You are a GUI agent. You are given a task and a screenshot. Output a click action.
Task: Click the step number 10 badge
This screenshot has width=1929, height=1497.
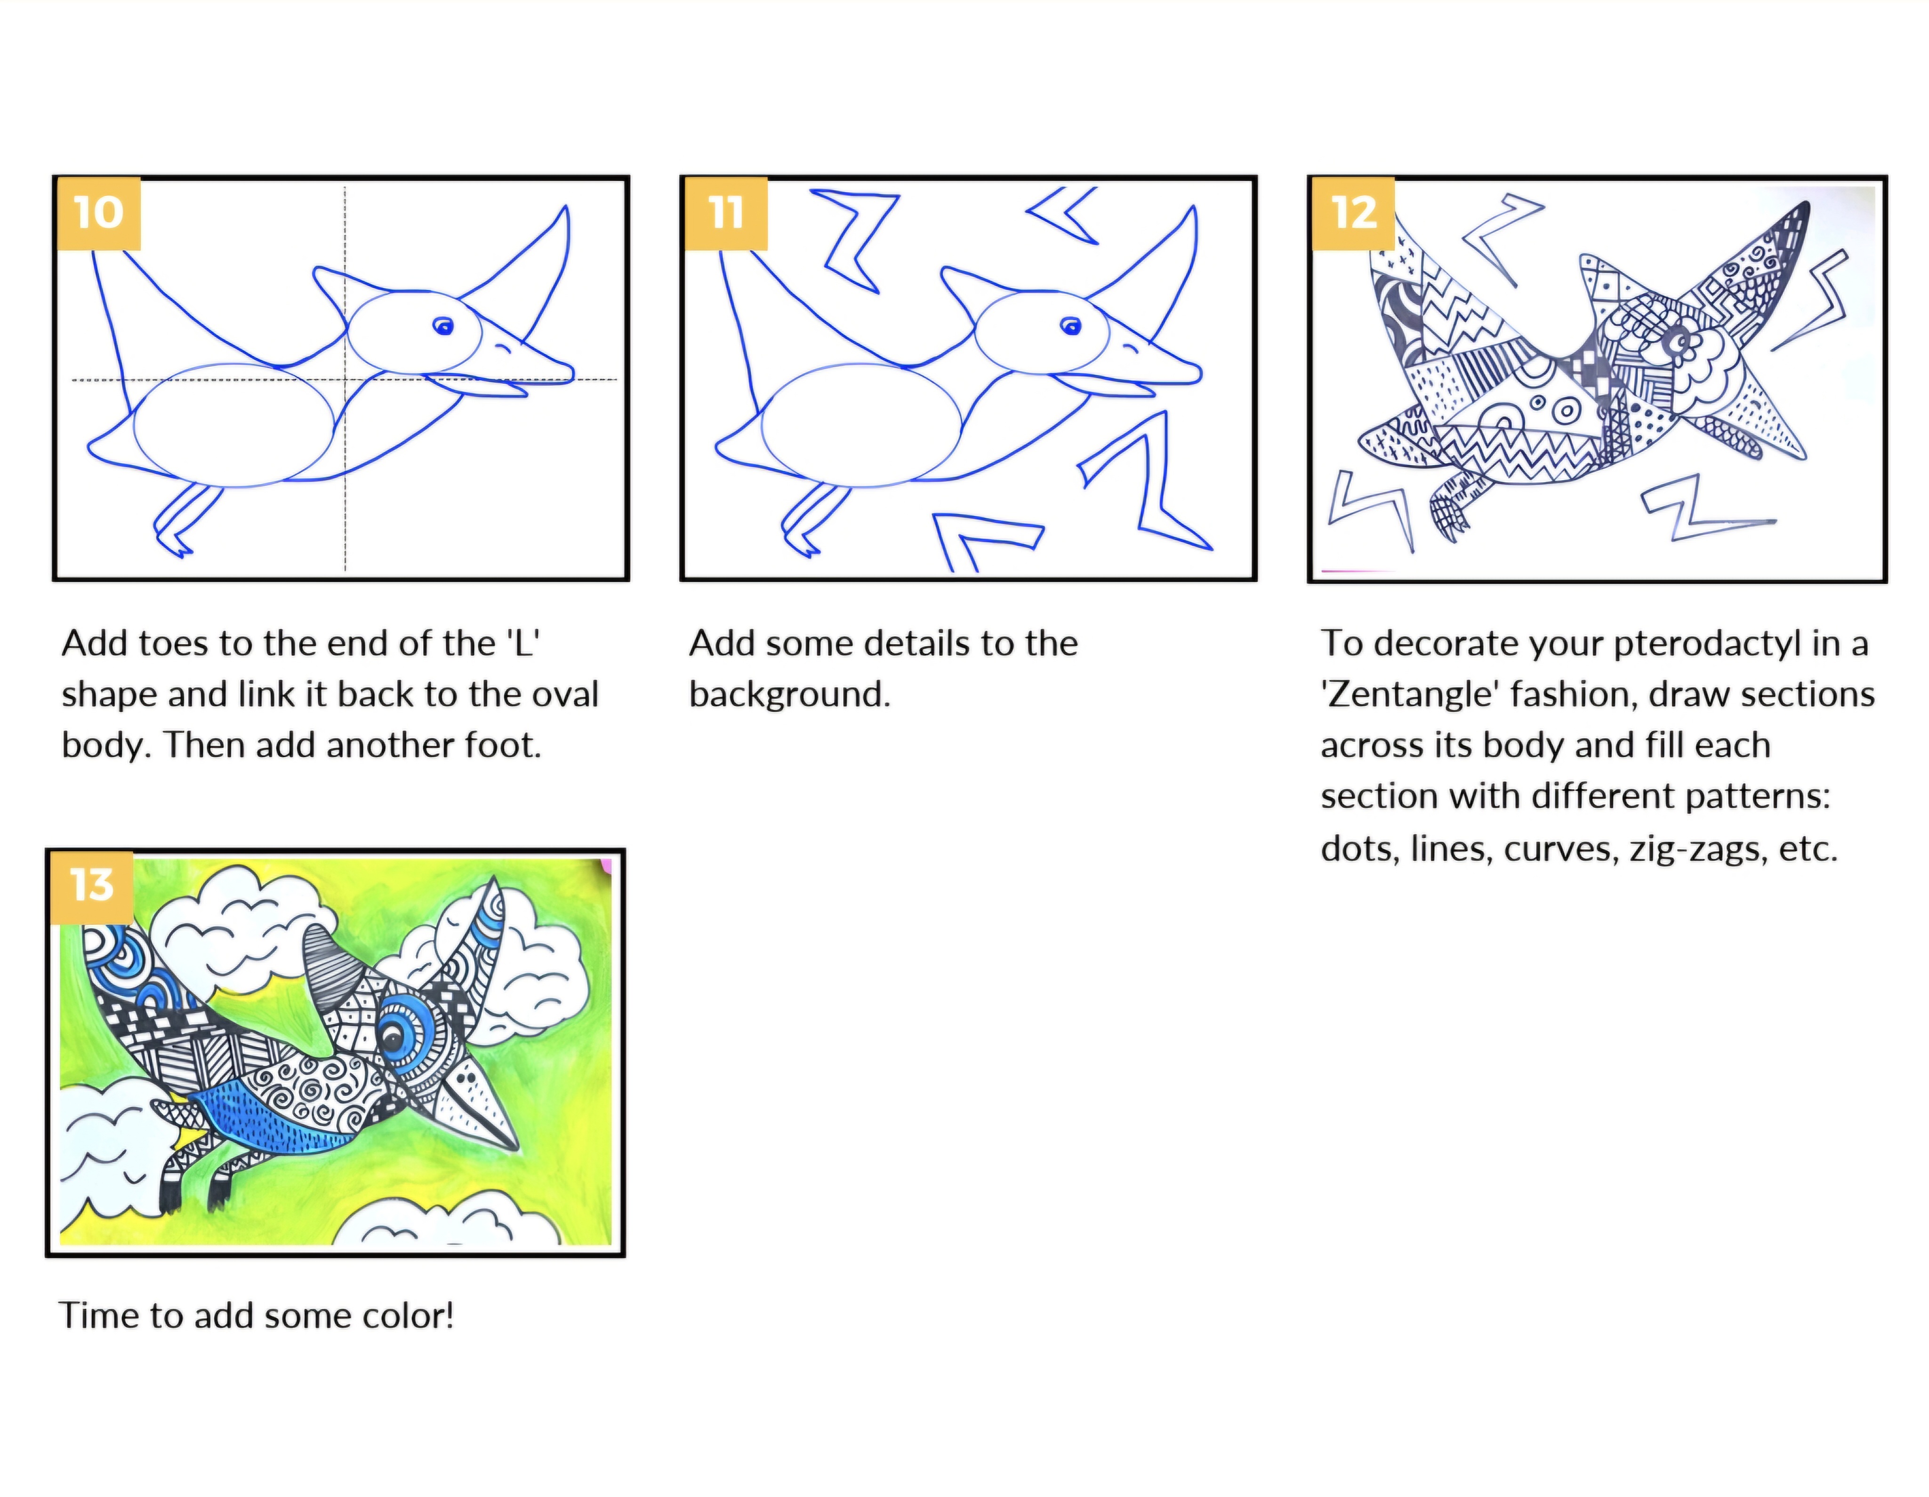point(98,213)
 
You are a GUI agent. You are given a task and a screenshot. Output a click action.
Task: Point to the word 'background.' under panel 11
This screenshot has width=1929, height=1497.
point(789,694)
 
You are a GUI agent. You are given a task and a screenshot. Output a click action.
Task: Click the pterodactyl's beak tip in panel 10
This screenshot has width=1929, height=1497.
point(572,374)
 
